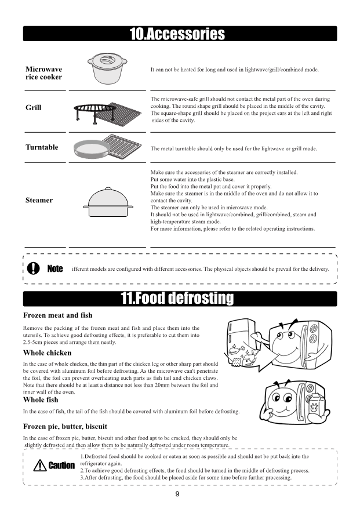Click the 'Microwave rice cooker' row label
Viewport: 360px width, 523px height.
(44, 73)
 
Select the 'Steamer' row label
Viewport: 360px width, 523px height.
(39, 201)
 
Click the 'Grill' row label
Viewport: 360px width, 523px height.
(34, 108)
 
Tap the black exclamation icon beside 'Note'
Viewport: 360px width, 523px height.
(35, 268)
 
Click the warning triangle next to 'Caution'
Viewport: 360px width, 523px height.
(40, 465)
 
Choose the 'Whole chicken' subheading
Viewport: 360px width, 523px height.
(48, 353)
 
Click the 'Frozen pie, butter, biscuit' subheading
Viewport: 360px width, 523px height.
(65, 426)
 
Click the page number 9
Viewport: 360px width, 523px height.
(177, 494)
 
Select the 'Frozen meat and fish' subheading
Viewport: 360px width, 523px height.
(57, 315)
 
